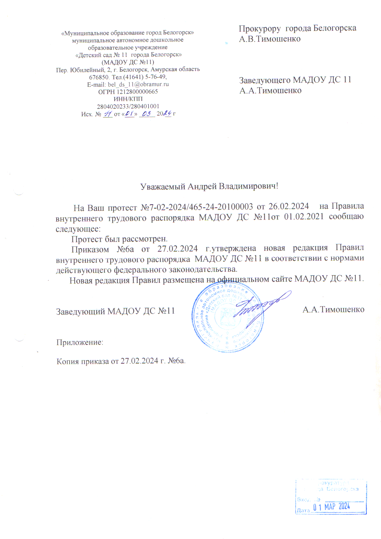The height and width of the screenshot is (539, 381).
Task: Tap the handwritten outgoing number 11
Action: point(108,114)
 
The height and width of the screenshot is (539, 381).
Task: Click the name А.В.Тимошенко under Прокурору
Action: point(270,39)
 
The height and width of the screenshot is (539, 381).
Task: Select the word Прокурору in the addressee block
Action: point(260,28)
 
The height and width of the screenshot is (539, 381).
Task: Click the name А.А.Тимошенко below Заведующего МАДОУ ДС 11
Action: point(270,91)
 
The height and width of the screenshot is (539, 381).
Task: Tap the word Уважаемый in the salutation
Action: point(163,187)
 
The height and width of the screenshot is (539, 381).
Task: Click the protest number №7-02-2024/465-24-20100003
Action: point(197,207)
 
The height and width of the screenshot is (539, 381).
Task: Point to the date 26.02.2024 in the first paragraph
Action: point(289,206)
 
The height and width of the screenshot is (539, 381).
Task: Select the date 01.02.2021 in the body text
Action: point(304,217)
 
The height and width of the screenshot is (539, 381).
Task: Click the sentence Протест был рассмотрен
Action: point(119,239)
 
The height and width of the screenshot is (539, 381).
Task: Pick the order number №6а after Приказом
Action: point(125,248)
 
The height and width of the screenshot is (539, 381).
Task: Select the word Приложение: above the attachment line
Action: point(80,342)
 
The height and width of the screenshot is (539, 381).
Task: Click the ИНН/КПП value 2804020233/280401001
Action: point(128,106)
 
